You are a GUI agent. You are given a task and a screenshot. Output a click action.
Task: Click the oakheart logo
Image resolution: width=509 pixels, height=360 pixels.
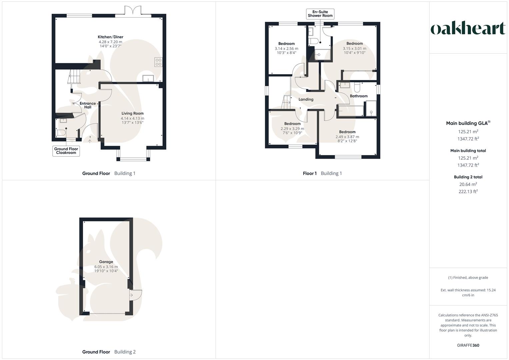pos(468,28)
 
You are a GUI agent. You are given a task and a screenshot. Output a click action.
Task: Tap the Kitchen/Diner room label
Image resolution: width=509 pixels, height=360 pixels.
pos(110,37)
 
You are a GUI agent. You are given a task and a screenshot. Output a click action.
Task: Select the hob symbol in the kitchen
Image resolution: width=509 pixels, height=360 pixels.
pos(158,62)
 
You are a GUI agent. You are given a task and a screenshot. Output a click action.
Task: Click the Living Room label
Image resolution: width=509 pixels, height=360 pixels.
pos(132,113)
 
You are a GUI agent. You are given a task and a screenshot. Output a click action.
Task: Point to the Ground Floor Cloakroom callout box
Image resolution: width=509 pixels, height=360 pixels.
pos(66,151)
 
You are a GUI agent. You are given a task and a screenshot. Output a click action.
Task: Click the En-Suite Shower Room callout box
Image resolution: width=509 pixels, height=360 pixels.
pos(320,14)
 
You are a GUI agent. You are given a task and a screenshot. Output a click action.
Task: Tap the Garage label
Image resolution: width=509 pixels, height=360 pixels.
pos(106,262)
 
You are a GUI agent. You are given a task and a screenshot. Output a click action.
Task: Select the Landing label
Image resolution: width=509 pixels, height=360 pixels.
pos(306,99)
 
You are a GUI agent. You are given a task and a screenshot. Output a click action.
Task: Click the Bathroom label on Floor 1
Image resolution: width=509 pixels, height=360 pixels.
pos(359,96)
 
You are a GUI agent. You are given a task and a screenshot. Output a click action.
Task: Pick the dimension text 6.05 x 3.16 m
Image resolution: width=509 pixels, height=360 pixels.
pos(106,267)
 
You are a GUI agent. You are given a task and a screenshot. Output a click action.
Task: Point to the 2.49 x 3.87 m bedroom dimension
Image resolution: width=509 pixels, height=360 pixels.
pos(347,137)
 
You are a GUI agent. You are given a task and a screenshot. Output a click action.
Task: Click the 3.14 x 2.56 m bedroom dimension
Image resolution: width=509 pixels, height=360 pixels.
pos(286,48)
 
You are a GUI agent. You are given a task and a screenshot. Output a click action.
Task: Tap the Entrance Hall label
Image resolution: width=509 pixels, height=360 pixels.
pos(88,105)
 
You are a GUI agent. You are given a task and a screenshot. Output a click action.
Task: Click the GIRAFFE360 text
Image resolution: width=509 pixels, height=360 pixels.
pos(468,345)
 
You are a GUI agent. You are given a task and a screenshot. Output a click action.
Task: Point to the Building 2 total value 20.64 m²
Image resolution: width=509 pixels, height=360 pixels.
pos(468,184)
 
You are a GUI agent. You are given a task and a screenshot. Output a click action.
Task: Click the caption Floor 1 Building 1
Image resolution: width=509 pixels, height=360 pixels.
pos(322,173)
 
